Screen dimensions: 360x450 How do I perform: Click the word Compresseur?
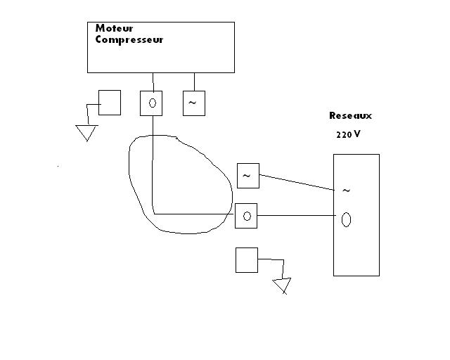tap(129, 40)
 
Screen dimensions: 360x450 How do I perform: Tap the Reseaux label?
tap(350, 115)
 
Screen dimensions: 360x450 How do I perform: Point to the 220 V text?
tap(348, 134)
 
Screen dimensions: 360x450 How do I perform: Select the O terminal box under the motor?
tap(151, 103)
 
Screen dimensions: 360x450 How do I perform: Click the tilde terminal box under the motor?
tap(193, 103)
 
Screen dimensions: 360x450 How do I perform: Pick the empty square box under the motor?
tap(109, 103)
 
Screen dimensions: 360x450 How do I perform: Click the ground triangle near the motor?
tap(86, 132)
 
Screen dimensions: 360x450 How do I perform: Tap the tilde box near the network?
tap(247, 175)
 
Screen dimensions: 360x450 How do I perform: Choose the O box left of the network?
tap(246, 216)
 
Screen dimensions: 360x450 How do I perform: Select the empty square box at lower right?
tap(247, 259)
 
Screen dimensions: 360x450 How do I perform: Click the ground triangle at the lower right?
tap(283, 285)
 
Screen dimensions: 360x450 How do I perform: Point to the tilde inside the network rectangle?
tap(346, 190)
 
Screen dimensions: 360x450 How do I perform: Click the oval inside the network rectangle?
tap(346, 219)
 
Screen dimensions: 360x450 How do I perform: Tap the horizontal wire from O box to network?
tap(295, 216)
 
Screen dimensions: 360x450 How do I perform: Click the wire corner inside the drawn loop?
tap(153, 213)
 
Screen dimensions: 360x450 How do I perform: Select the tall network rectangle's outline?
tap(379, 211)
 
